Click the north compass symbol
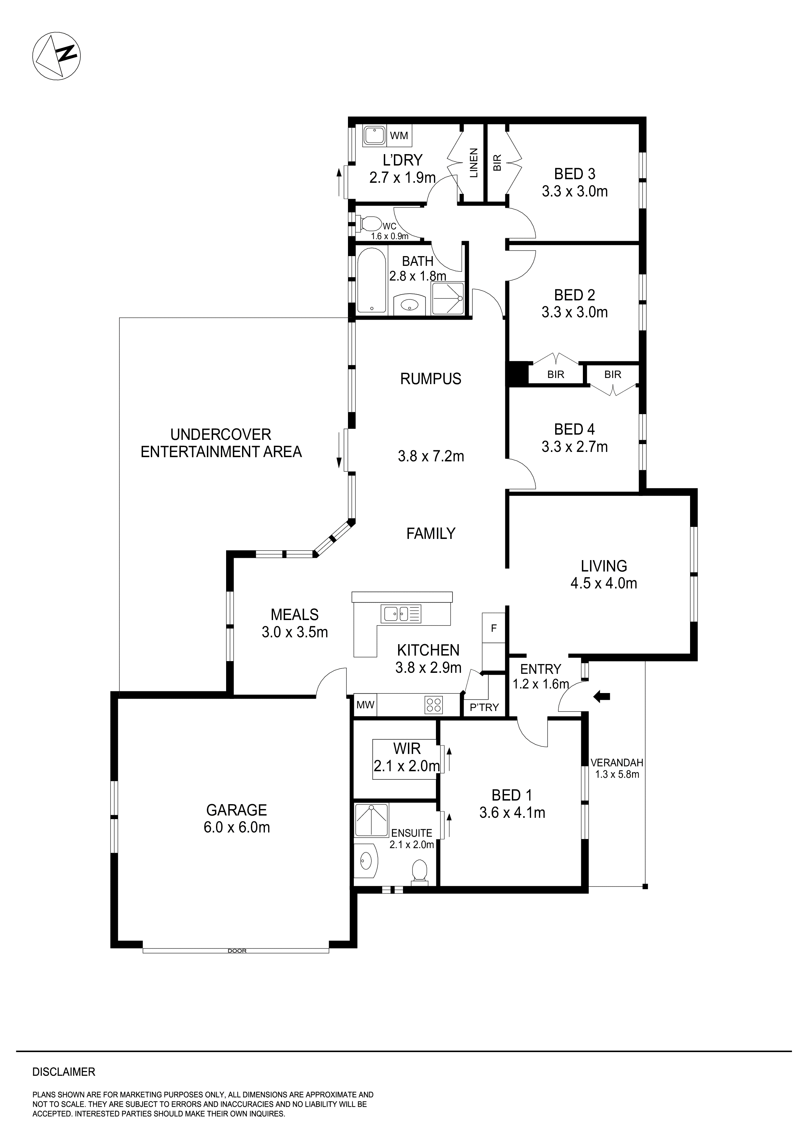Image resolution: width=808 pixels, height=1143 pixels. click(x=56, y=55)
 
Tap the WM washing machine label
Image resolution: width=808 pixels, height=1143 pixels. click(x=399, y=136)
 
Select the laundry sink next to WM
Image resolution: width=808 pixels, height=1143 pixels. click(x=374, y=136)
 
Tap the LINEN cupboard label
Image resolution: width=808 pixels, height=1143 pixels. click(x=473, y=163)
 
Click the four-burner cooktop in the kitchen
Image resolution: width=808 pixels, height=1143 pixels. click(x=433, y=704)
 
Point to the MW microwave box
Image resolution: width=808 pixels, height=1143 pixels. click(x=365, y=705)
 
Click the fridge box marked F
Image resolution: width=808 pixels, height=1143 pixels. click(x=494, y=628)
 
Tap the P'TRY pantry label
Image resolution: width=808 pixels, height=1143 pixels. click(x=484, y=707)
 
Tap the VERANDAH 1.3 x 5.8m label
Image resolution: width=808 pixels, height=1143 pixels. click(x=617, y=768)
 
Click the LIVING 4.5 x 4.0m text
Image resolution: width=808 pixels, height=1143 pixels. click(x=603, y=574)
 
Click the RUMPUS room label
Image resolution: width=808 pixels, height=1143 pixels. click(x=431, y=379)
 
